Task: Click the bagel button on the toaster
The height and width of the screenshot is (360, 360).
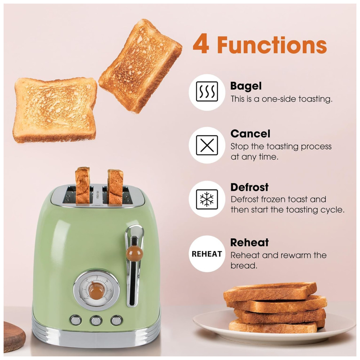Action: pos(76,320)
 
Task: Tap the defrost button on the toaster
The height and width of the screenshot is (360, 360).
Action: pos(116,320)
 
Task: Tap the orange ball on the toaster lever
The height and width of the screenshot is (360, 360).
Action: pos(135,253)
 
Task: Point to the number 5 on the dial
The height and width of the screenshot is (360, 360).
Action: pos(111,290)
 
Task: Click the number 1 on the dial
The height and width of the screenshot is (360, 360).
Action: pos(83,289)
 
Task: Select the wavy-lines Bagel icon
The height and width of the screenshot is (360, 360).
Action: pos(207,91)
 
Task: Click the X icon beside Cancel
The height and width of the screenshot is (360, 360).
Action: pos(207,145)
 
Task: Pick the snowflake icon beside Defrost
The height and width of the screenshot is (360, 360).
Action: pos(207,199)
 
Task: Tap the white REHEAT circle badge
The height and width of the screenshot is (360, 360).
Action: pos(207,254)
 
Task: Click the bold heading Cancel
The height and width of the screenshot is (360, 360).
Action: pos(250,134)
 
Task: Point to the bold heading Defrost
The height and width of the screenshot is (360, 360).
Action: pos(249,187)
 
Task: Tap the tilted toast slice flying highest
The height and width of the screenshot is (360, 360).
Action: pos(140,66)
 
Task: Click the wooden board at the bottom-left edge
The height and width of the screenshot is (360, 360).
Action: pos(14,336)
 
